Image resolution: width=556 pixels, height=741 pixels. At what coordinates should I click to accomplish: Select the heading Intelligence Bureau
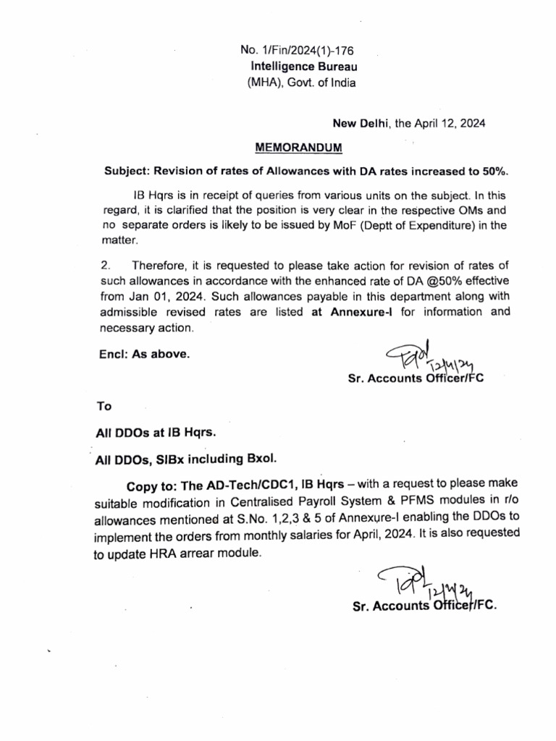point(300,67)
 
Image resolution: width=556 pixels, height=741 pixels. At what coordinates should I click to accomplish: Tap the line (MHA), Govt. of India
point(301,82)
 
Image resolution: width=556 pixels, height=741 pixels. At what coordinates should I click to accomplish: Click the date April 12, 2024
point(449,124)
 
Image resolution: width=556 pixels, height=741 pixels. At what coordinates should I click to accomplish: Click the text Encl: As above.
point(143,355)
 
